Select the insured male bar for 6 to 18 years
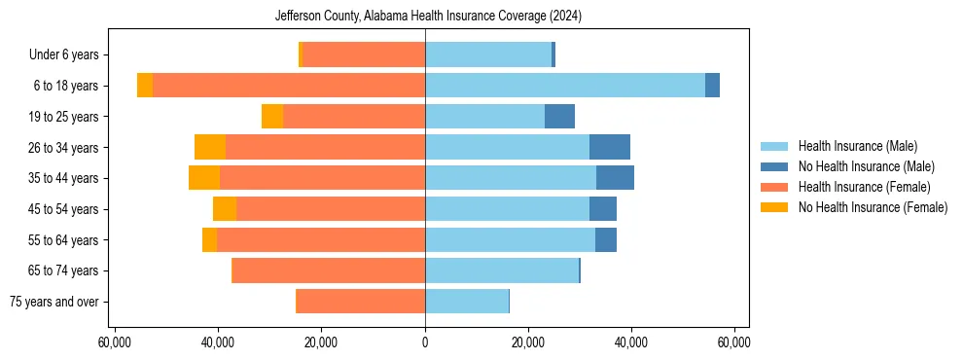[564, 86]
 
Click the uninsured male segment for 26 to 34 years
[610, 147]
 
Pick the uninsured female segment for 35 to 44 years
[204, 178]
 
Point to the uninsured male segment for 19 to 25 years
[559, 117]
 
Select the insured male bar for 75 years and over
[467, 302]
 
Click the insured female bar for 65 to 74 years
[329, 270]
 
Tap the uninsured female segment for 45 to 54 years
[225, 209]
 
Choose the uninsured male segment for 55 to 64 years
[606, 239]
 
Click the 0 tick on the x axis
[425, 342]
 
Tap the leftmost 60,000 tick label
[115, 342]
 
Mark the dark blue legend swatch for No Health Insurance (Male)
[774, 166]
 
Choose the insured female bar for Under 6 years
[364, 55]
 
